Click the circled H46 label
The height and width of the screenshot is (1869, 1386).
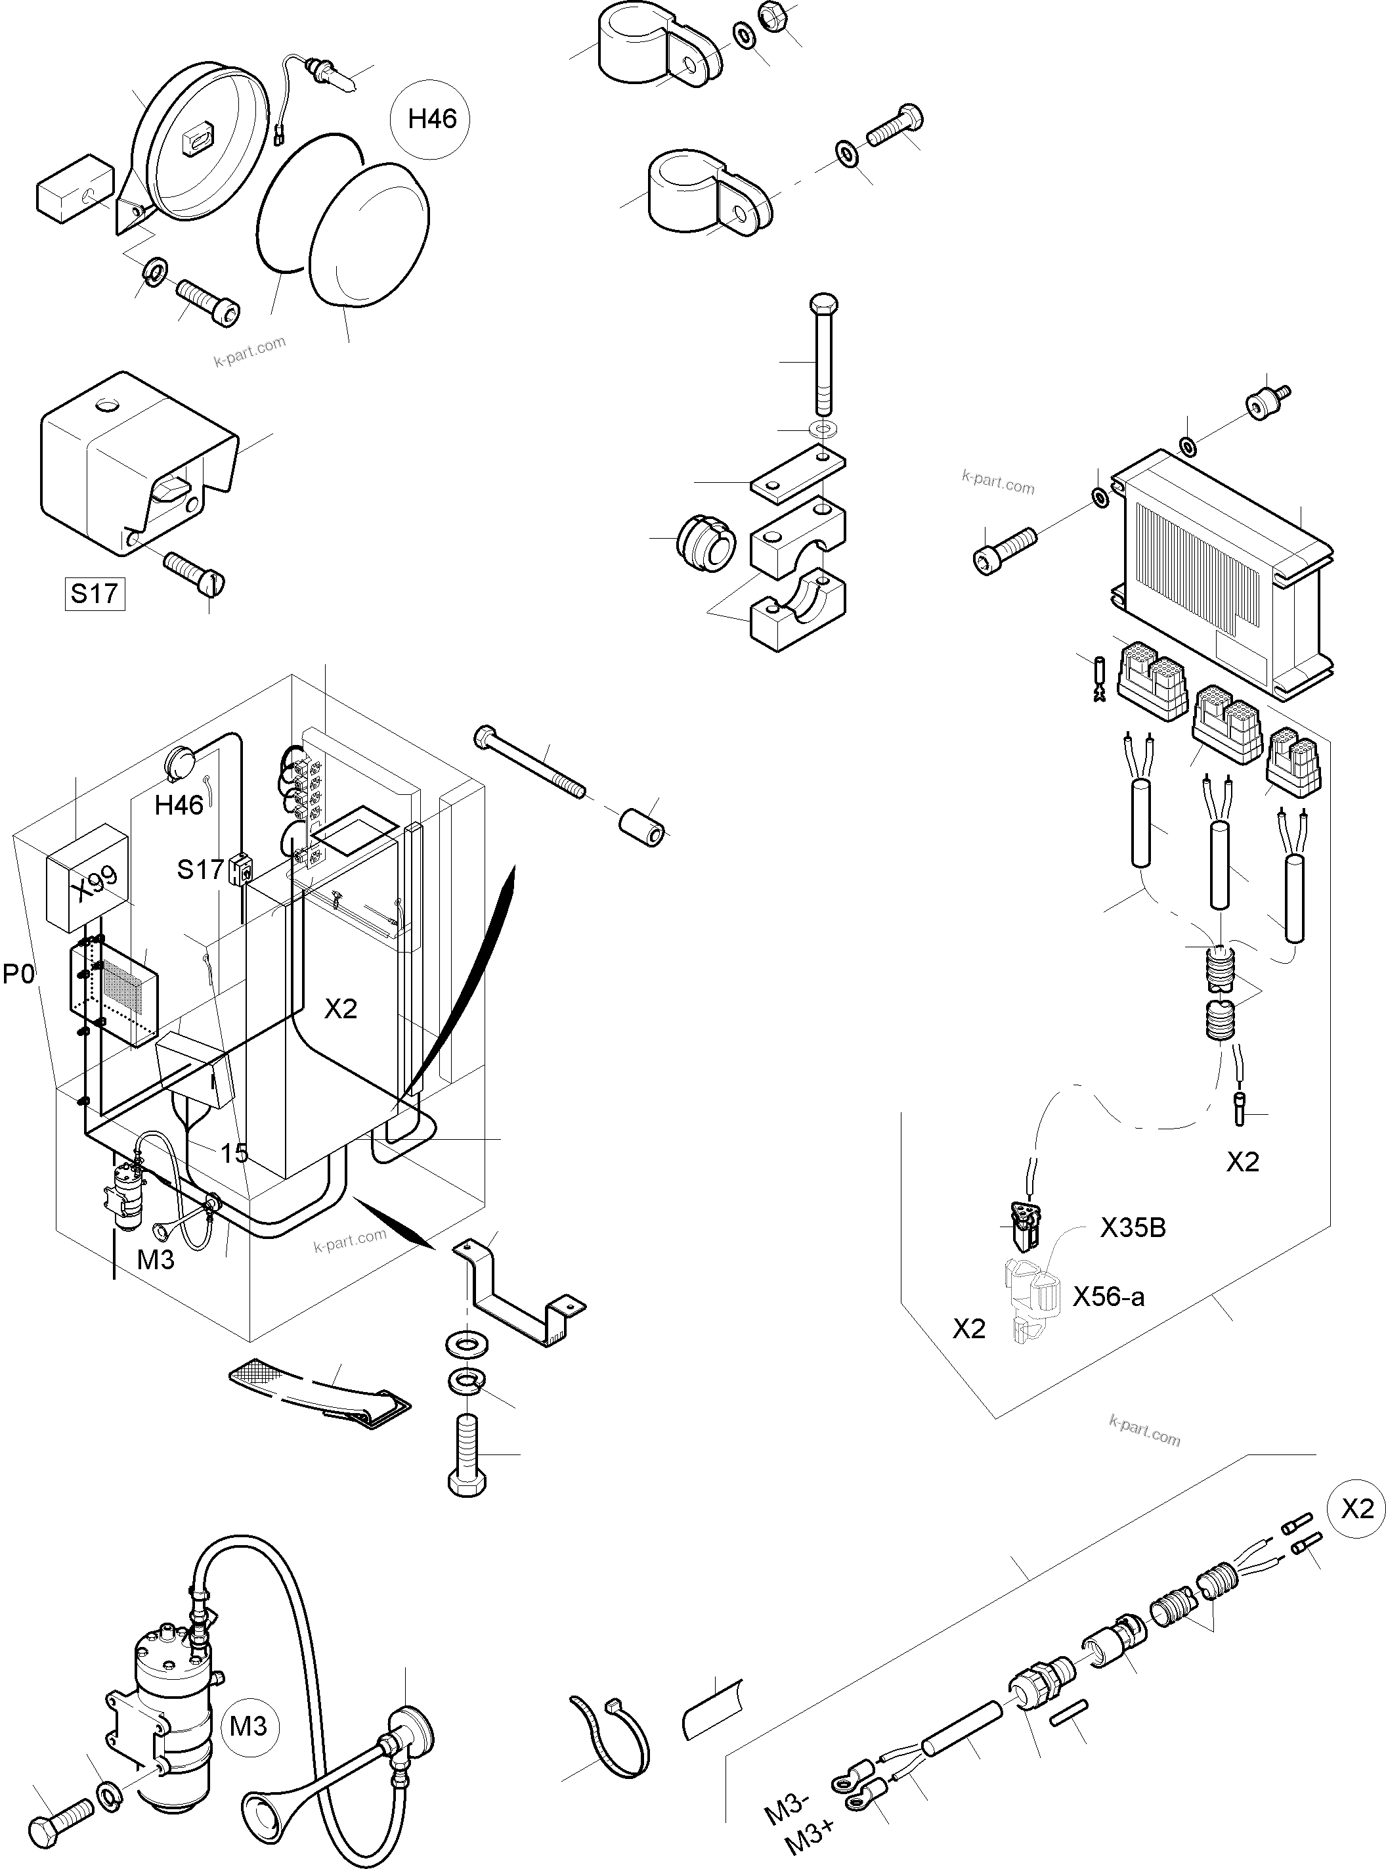(x=431, y=119)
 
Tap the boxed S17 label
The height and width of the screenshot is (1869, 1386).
(x=95, y=593)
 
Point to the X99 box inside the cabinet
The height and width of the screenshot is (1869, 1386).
(x=87, y=878)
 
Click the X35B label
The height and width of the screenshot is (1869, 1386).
(x=1133, y=1228)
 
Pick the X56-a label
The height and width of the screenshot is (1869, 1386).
(x=1108, y=1297)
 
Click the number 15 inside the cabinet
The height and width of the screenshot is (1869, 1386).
(x=234, y=1153)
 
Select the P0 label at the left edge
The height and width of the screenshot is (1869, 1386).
(x=19, y=974)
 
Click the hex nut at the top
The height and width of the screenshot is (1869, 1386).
(x=771, y=14)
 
